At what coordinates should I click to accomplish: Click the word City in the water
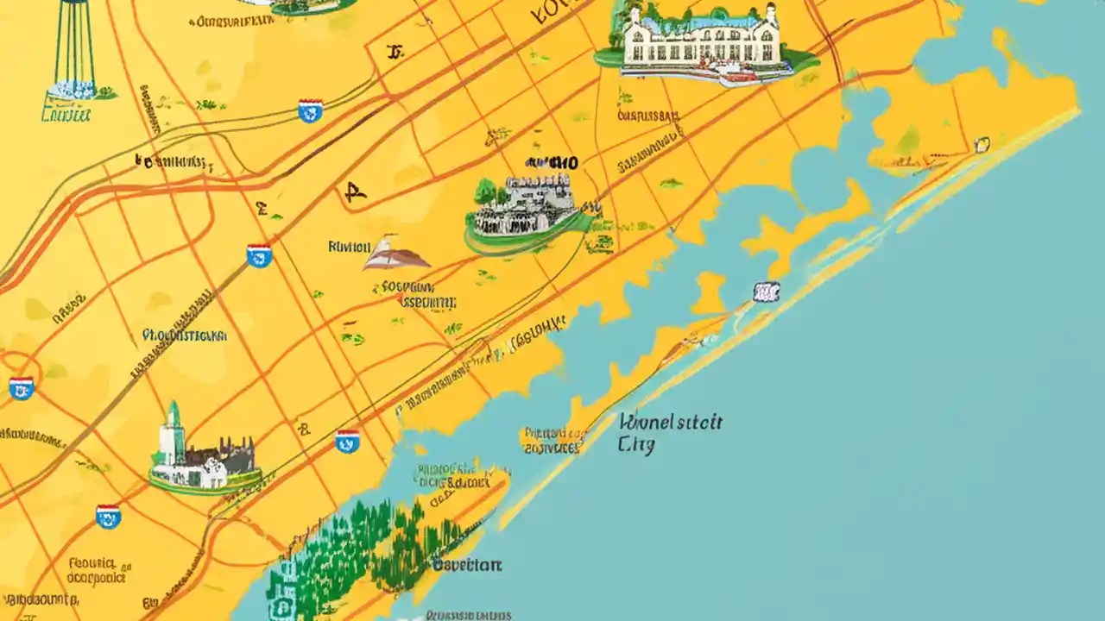tap(636, 445)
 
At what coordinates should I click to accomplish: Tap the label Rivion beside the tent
tap(349, 247)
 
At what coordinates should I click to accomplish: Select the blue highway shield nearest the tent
tap(259, 255)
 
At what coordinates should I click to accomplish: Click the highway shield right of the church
tap(347, 442)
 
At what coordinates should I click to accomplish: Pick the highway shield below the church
tap(108, 516)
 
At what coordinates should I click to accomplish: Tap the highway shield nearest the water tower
tap(310, 110)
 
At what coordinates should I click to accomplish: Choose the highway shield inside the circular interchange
tap(21, 387)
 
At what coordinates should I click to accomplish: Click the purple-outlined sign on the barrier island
tap(766, 292)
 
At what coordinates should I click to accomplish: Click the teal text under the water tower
tap(66, 113)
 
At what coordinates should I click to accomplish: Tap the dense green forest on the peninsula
tap(363, 543)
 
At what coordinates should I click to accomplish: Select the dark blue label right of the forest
tap(466, 566)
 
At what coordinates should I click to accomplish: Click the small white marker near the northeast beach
tap(982, 144)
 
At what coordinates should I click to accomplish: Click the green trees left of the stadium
tap(486, 191)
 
